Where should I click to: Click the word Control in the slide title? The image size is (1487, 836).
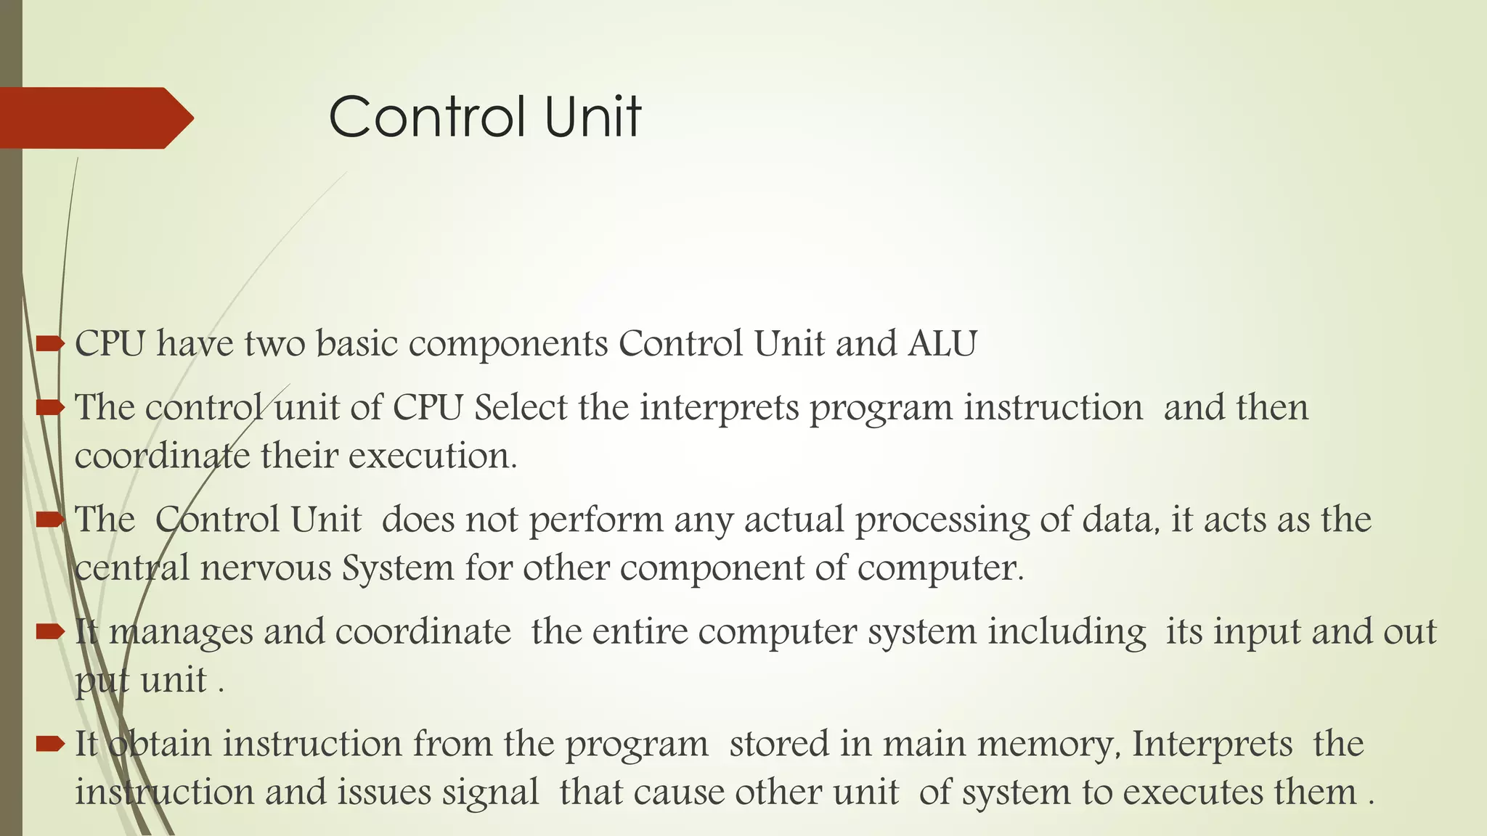[x=427, y=117]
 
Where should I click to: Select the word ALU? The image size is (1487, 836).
[x=942, y=344]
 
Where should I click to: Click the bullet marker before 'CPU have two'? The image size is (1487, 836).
[x=50, y=343]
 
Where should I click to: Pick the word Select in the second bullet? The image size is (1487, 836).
[x=520, y=407]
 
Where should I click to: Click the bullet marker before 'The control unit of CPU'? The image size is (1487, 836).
[x=50, y=407]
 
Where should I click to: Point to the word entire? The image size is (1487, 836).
[x=640, y=631]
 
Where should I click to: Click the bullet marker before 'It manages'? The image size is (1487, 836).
[x=50, y=631]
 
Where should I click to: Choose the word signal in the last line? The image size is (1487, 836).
[x=491, y=792]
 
